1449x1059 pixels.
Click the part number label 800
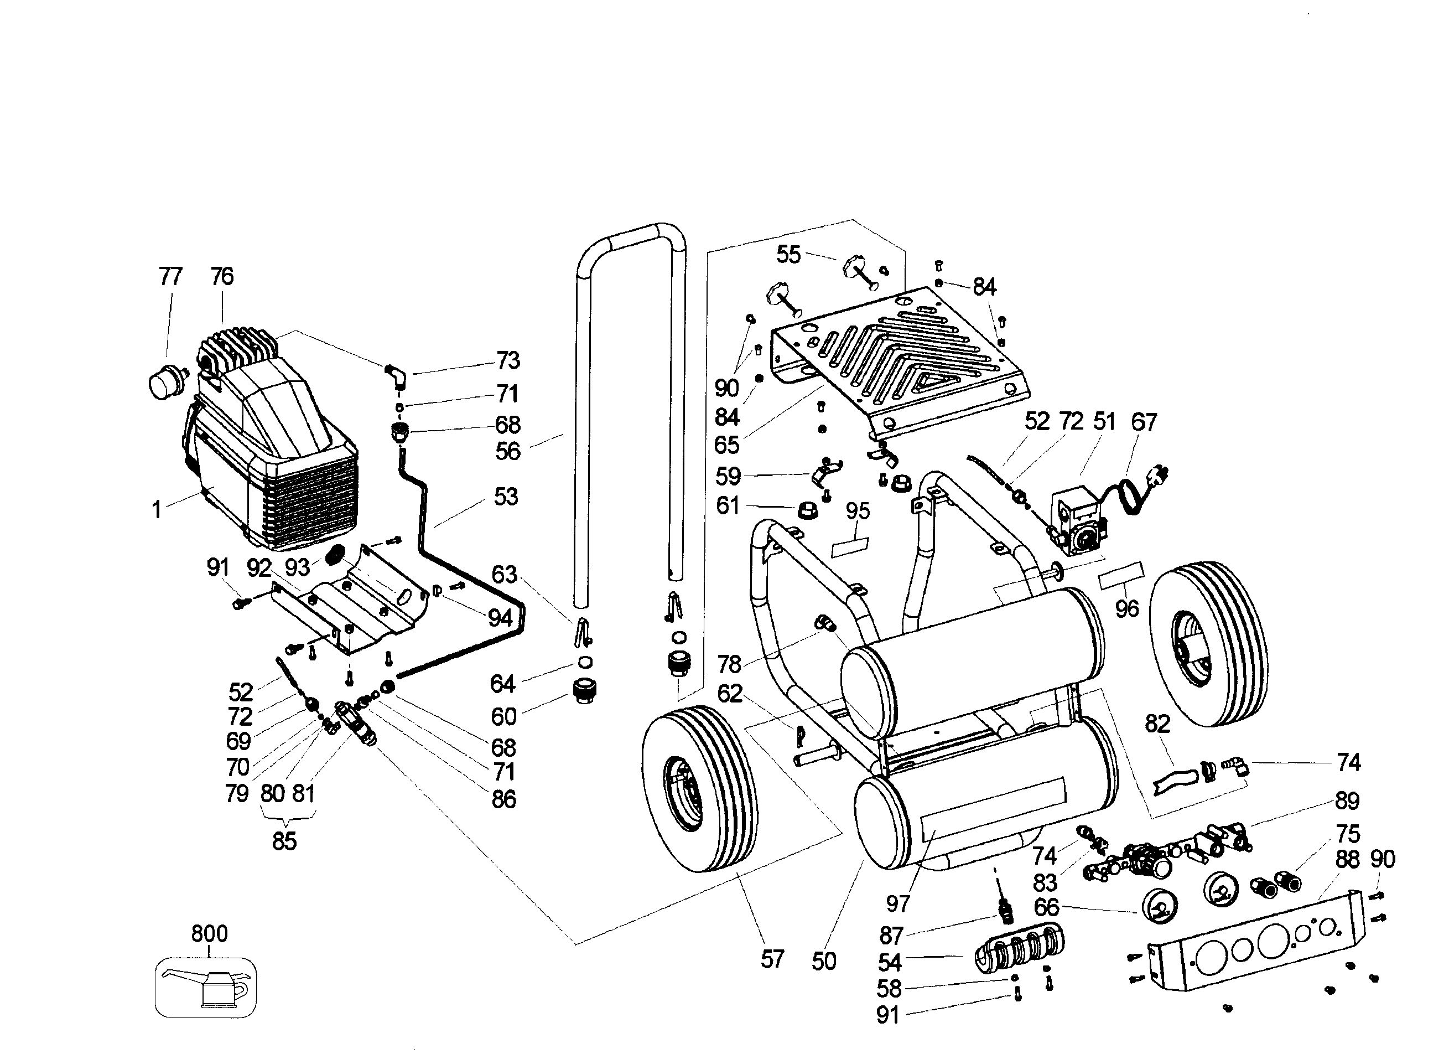210,933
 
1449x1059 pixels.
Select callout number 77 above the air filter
170,277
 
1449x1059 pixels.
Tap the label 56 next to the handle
508,451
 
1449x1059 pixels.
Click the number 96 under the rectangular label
1127,609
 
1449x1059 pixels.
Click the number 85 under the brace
284,841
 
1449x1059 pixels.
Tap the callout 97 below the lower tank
898,904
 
